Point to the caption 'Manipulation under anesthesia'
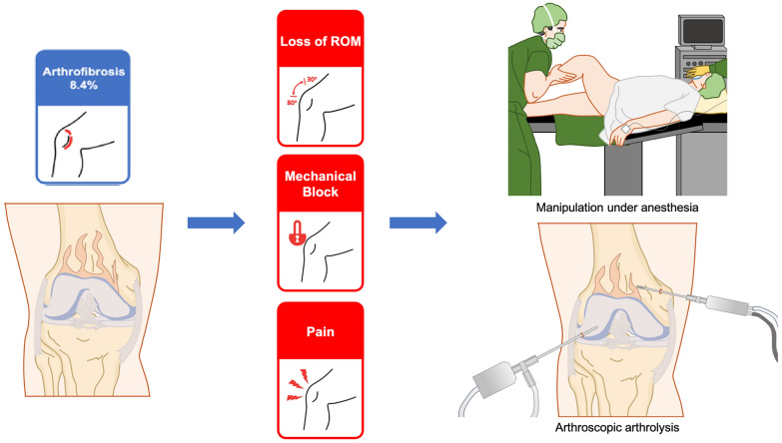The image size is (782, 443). tap(616, 209)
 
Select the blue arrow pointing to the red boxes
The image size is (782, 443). tap(216, 221)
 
